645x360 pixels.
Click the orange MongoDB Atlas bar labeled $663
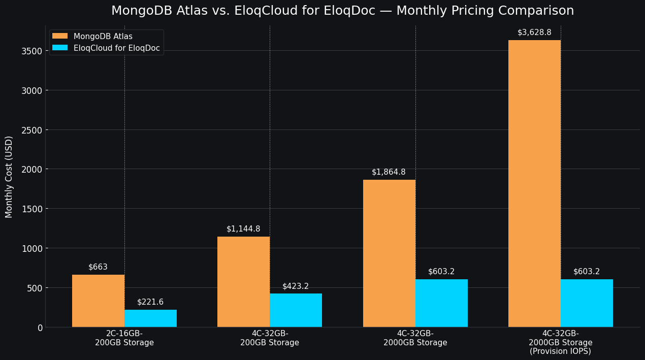tap(98, 301)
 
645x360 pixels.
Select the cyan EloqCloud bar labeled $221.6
tap(150, 318)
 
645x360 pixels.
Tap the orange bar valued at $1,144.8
tap(243, 282)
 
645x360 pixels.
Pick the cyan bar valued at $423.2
tap(296, 310)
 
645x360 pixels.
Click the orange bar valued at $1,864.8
tap(389, 253)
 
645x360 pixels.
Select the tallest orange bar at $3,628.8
tap(534, 183)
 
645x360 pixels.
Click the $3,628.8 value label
tap(534, 32)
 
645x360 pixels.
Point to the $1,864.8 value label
tap(389, 172)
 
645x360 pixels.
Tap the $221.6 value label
tap(150, 302)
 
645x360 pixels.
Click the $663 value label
tap(98, 267)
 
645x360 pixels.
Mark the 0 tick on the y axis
tap(40, 328)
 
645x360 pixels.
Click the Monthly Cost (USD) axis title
tap(9, 177)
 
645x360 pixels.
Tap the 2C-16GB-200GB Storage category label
tap(124, 338)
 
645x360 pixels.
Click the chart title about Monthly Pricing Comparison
tap(342, 11)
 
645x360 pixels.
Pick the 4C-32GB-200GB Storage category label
tap(270, 338)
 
